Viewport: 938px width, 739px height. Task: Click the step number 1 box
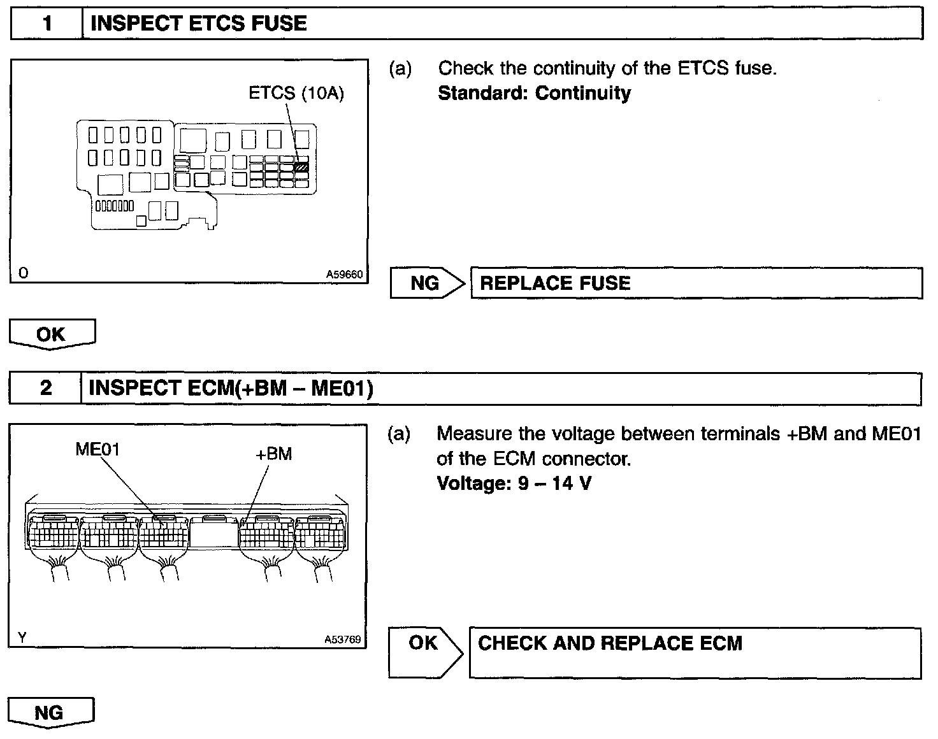point(47,24)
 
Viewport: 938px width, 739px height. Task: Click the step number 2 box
point(46,388)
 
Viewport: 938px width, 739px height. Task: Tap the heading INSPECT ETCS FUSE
point(199,24)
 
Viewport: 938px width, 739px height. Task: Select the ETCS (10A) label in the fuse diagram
point(296,94)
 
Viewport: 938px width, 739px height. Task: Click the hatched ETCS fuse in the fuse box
point(301,167)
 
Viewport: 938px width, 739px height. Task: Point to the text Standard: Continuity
point(534,93)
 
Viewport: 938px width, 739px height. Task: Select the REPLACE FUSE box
point(696,283)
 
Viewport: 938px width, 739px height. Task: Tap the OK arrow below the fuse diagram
point(52,334)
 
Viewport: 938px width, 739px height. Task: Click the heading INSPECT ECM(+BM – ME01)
point(231,388)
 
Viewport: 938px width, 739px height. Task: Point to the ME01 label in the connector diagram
point(97,450)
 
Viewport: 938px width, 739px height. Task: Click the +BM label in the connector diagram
point(273,454)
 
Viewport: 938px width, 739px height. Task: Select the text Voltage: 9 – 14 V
point(514,484)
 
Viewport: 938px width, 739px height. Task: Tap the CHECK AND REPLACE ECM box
point(695,652)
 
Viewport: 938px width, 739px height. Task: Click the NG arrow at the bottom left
point(50,712)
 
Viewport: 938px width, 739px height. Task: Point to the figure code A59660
point(344,275)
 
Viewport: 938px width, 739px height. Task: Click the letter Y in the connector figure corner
point(22,636)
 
